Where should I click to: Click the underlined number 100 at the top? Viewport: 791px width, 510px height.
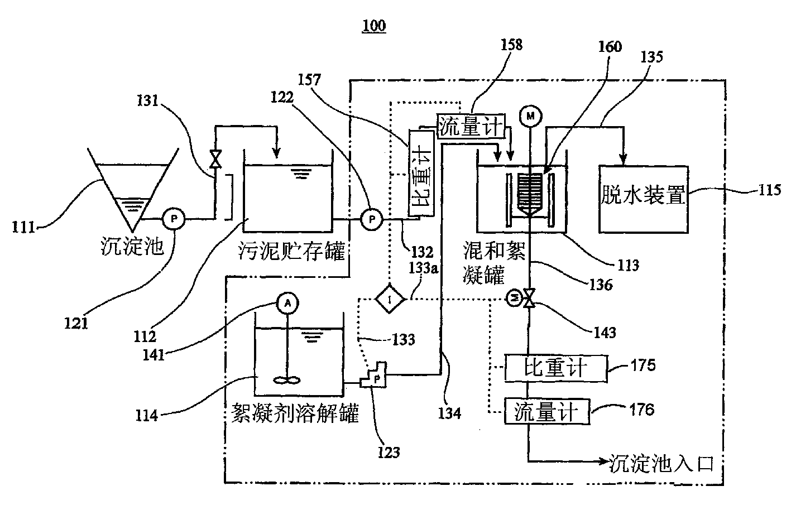374,26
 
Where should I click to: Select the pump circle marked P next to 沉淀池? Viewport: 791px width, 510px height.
174,219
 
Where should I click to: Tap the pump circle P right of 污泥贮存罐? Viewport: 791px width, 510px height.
371,219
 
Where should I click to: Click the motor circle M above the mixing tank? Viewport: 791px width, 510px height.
530,116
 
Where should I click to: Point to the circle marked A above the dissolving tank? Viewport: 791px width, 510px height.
288,303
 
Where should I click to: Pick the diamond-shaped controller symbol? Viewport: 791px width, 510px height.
390,299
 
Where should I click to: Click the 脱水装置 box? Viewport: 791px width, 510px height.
644,199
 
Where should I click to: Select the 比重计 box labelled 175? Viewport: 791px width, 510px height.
556,368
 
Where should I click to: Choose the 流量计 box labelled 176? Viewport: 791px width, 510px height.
547,411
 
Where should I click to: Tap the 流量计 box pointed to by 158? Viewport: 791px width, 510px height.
471,126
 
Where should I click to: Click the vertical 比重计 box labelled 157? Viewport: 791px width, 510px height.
421,173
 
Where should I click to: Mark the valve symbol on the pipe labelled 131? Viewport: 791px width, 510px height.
215,159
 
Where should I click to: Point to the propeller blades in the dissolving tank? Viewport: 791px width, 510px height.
287,381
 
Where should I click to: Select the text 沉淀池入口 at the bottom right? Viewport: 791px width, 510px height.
661,463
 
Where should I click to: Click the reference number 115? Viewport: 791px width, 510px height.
770,190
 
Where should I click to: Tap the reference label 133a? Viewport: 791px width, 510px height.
423,268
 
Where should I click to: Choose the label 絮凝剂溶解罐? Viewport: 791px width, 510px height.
295,413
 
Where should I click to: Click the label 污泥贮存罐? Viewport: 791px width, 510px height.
291,251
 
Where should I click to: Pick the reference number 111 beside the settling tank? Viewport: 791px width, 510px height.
23,227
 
